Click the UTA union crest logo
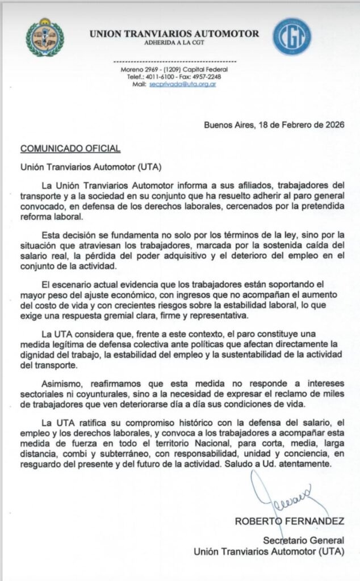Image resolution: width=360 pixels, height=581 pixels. [45, 36]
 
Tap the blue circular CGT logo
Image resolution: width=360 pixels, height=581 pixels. [292, 36]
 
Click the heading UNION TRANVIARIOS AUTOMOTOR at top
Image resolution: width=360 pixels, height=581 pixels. [174, 34]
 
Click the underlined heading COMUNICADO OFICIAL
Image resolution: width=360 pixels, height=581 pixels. [70, 149]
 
